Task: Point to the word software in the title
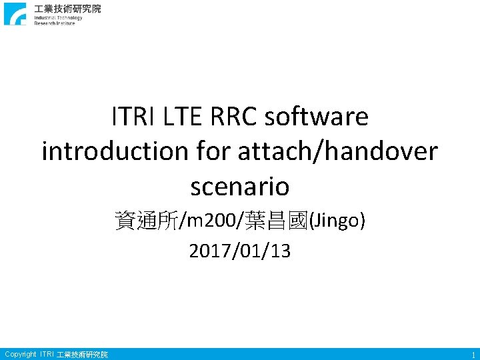pos(317,117)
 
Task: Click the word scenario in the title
pos(240,186)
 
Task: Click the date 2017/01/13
pos(240,251)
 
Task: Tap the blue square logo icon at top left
pos(15,14)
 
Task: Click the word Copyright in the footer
pos(21,354)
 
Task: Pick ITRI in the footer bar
pos(47,354)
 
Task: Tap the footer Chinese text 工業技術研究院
pos(83,354)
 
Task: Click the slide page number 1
pos(472,355)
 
